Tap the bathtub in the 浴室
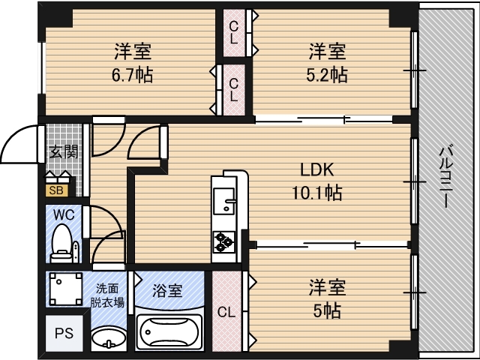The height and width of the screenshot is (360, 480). [169, 332]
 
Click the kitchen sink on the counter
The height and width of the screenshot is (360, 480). [223, 201]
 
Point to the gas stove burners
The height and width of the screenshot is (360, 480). [223, 241]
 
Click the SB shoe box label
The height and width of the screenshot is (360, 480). [57, 190]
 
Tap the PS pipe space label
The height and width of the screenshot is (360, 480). [64, 333]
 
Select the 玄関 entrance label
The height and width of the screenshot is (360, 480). [64, 151]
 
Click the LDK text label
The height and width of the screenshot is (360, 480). [317, 170]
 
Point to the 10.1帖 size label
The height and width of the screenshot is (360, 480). [317, 193]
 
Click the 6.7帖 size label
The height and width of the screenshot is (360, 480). [132, 75]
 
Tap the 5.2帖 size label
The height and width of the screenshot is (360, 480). [327, 75]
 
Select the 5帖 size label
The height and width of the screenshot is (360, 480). [327, 311]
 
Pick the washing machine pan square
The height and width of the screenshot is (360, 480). [66, 289]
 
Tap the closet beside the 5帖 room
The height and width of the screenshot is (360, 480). [226, 311]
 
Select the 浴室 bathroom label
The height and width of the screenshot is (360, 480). [168, 291]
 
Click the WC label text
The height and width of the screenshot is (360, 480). [64, 215]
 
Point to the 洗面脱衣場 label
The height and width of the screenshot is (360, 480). [107, 295]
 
